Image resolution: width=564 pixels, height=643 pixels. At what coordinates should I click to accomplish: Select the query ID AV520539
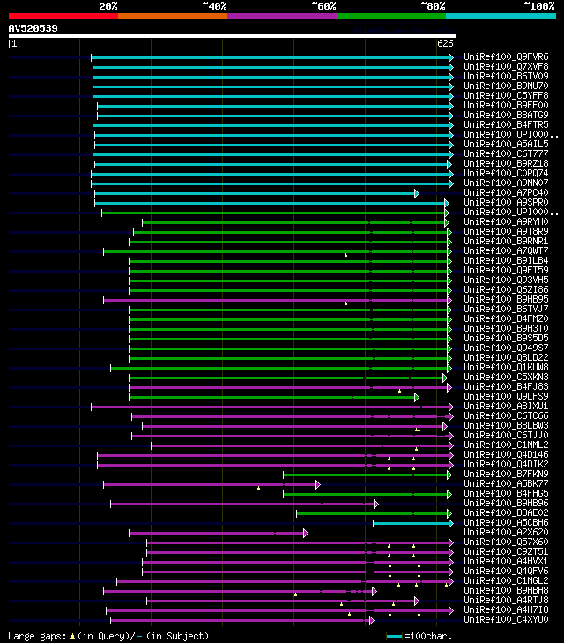click(33, 28)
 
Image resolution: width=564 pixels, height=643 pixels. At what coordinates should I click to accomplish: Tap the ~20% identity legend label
click(108, 5)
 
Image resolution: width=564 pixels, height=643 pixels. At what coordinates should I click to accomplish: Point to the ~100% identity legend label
click(539, 5)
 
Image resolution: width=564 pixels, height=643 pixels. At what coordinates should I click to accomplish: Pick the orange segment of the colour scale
click(172, 15)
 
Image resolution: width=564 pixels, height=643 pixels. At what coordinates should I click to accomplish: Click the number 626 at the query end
click(445, 43)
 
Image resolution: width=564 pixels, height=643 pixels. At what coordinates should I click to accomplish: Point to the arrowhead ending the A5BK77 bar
click(317, 484)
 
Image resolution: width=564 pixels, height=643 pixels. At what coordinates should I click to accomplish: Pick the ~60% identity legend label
click(323, 5)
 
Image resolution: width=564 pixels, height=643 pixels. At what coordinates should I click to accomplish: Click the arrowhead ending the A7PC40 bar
click(416, 193)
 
